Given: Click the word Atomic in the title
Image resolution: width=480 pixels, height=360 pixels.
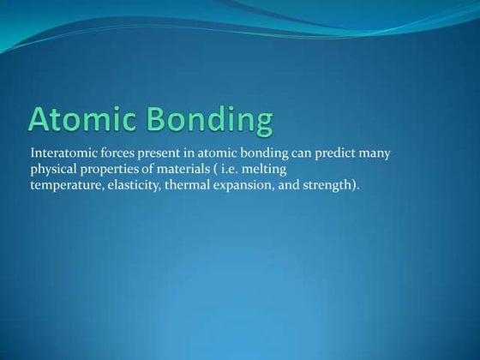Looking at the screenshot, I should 87,121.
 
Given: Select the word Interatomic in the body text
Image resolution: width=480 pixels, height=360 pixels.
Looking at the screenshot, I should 62,153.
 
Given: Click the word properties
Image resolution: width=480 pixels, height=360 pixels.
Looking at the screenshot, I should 110,169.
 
